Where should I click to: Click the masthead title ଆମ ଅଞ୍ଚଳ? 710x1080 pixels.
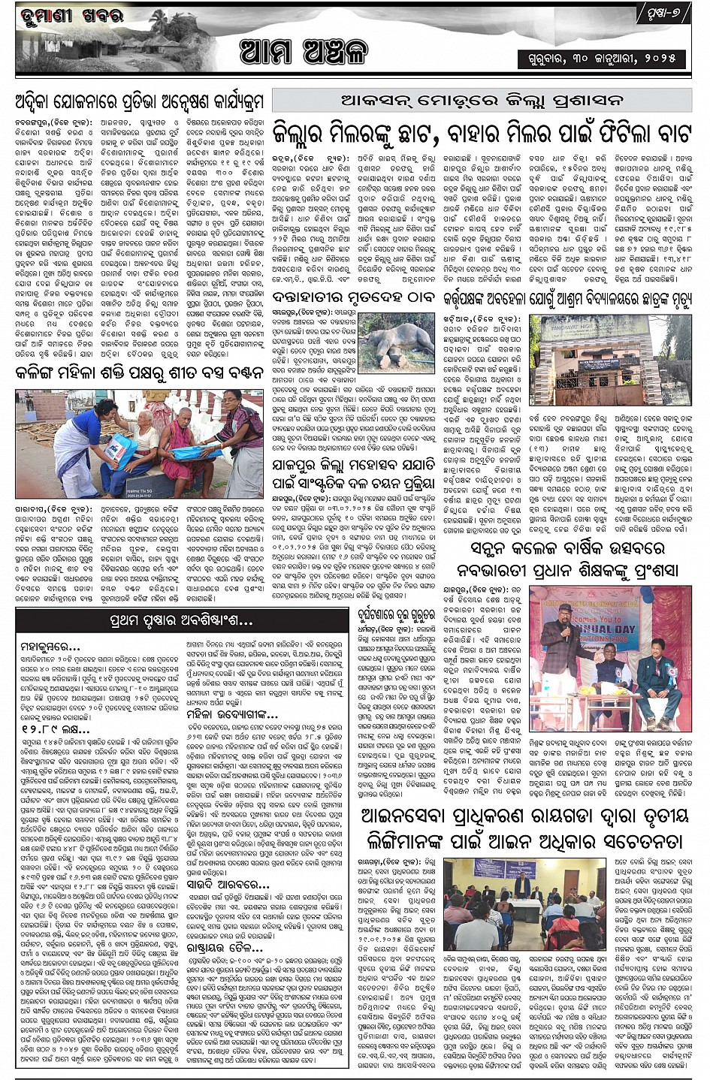click(304, 52)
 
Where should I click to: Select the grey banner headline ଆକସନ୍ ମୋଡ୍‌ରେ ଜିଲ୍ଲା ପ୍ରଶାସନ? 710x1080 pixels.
click(482, 100)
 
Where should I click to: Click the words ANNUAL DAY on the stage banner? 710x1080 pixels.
click(597, 628)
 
